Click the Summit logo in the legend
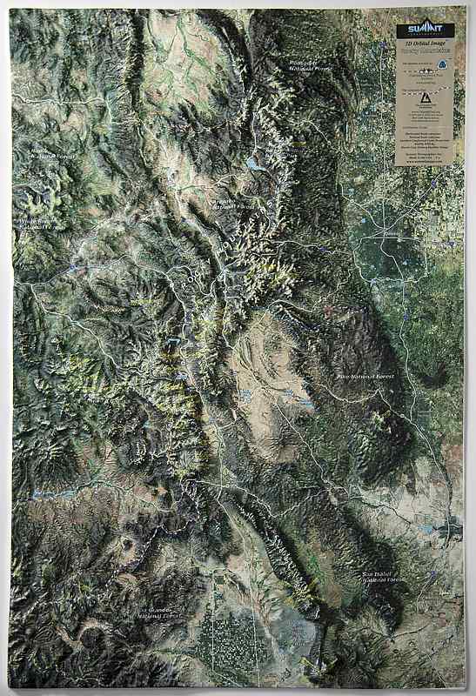click(x=425, y=31)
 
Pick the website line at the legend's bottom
click(x=425, y=160)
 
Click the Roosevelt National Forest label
click(x=311, y=64)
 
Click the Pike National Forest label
click(x=365, y=376)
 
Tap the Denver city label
click(x=392, y=235)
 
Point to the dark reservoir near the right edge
click(x=452, y=528)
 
